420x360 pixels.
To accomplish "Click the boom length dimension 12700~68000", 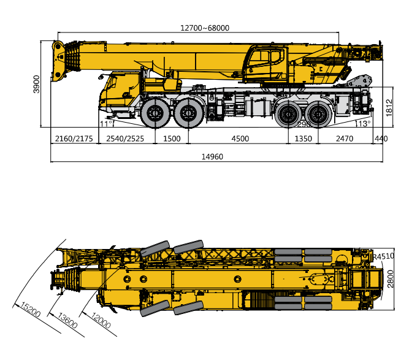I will [x=204, y=28].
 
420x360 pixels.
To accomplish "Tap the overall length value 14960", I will [x=212, y=157].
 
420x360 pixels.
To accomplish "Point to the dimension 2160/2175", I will [x=74, y=139].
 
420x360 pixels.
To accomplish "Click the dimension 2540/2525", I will [x=125, y=139].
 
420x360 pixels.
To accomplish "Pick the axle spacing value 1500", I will [x=172, y=139].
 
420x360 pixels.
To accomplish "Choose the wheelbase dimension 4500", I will [x=240, y=139].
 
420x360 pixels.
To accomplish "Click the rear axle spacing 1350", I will [x=303, y=139].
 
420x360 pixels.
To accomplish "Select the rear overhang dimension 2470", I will [x=344, y=139].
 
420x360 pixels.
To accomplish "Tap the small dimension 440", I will [x=381, y=139].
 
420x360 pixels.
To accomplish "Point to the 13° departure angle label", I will [x=364, y=124].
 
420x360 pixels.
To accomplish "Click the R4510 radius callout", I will [x=383, y=256].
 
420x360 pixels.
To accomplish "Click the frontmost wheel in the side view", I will [x=154, y=114].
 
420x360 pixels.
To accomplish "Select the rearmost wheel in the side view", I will [x=318, y=114].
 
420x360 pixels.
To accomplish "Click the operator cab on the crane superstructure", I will [x=265, y=63].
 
